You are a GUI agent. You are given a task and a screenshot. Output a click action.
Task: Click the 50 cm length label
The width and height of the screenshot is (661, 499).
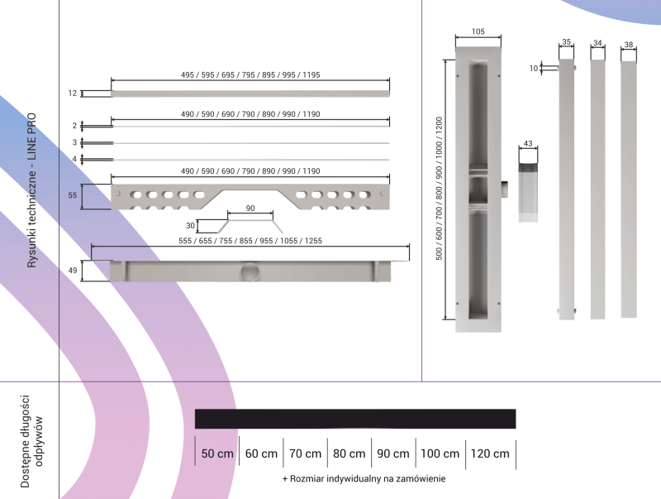pos(218,453)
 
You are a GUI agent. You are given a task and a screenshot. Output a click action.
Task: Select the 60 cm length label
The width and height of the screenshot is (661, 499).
pos(261,453)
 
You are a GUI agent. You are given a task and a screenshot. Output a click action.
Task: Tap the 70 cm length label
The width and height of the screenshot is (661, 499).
pos(305,453)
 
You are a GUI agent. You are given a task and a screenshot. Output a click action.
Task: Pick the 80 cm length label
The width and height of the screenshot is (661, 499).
pos(349,453)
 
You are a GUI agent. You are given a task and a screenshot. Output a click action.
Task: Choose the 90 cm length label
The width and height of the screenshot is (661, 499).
pos(392,453)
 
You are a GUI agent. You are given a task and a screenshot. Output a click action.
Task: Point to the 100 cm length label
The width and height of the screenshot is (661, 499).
pos(440,453)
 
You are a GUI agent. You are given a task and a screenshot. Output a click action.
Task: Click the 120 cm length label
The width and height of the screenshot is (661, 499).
pos(489,453)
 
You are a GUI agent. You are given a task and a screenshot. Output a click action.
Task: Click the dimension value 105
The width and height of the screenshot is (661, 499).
pos(478,31)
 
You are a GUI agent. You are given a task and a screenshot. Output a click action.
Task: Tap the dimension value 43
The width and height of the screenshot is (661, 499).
pos(528,144)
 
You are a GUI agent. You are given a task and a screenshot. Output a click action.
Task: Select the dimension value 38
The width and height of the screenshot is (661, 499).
pos(629,44)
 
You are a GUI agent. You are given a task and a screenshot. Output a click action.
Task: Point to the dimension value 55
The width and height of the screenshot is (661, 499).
pos(73,196)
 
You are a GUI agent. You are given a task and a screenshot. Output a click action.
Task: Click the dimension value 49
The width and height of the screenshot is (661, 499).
pos(73,270)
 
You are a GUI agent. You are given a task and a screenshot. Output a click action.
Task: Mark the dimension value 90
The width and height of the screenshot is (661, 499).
pos(250,208)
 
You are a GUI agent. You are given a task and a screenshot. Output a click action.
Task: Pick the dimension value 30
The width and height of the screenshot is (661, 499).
pos(191,226)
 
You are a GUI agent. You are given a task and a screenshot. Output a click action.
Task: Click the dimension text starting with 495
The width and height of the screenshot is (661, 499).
pos(250,74)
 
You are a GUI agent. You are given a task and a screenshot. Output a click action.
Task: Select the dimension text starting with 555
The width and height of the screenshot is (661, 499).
pos(250,240)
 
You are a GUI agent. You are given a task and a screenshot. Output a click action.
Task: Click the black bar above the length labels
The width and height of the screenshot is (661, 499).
pos(355,419)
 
